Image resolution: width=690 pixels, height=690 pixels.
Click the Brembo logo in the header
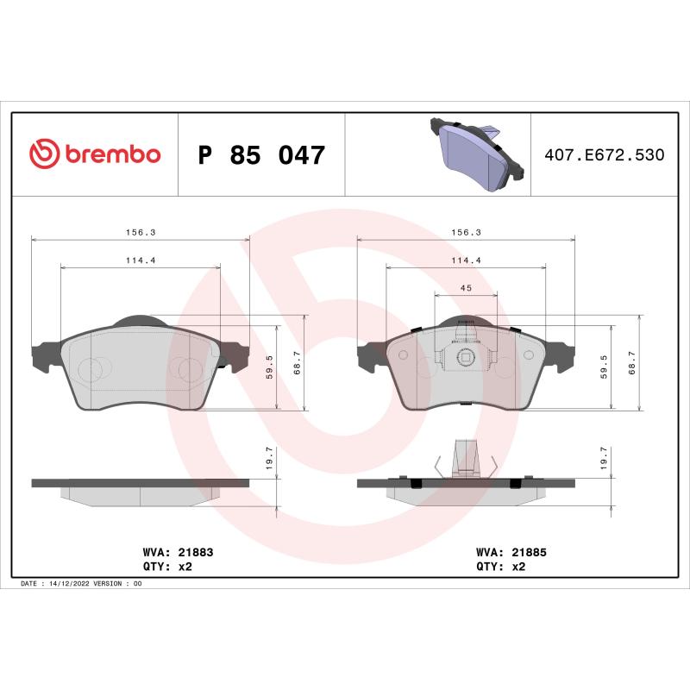click(x=95, y=154)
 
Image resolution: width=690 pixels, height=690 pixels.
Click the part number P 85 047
click(x=261, y=156)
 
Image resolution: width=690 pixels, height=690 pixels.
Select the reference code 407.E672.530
click(x=604, y=155)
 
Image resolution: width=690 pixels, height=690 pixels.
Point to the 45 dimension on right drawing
click(x=466, y=288)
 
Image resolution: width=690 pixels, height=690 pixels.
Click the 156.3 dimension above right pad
click(x=466, y=232)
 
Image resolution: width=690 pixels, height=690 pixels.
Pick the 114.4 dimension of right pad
click(x=466, y=260)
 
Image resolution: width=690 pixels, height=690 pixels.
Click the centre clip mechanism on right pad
click(x=465, y=357)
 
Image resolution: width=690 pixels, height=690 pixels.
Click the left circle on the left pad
click(x=90, y=369)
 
